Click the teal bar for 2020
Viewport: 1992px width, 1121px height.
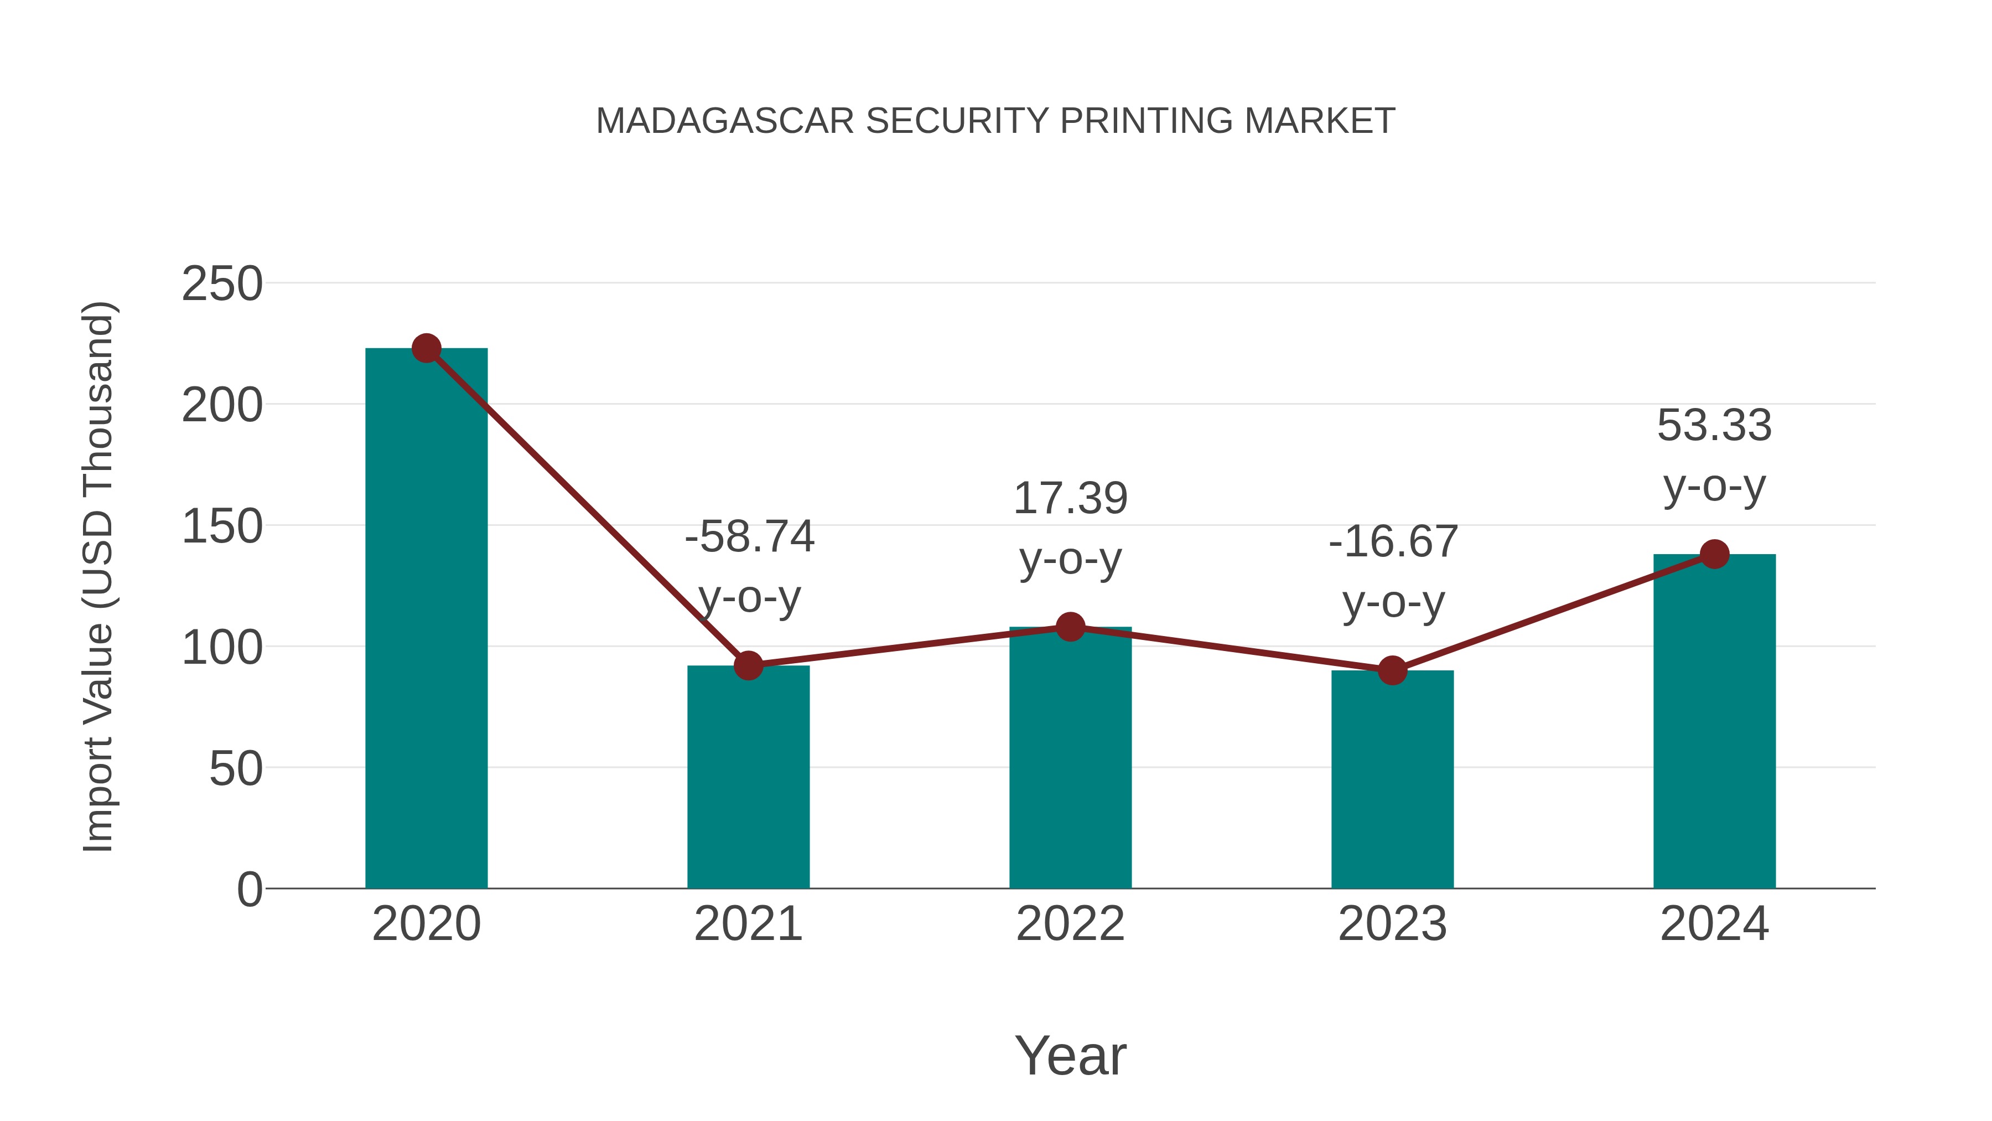click(426, 619)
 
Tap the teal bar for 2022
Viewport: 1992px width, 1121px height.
click(1070, 758)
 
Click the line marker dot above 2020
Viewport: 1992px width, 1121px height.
click(426, 348)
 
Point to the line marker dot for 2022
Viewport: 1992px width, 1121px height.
click(1070, 627)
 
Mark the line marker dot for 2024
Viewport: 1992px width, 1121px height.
click(1714, 554)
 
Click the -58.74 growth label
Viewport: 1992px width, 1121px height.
click(749, 537)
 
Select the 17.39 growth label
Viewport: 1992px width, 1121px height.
click(1070, 498)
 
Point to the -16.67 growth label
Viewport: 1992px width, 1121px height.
click(1393, 541)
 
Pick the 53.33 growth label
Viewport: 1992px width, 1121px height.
click(1714, 426)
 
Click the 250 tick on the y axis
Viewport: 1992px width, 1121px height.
click(222, 284)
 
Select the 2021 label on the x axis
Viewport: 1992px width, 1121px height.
click(748, 924)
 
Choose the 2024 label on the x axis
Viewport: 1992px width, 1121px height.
click(1714, 924)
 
